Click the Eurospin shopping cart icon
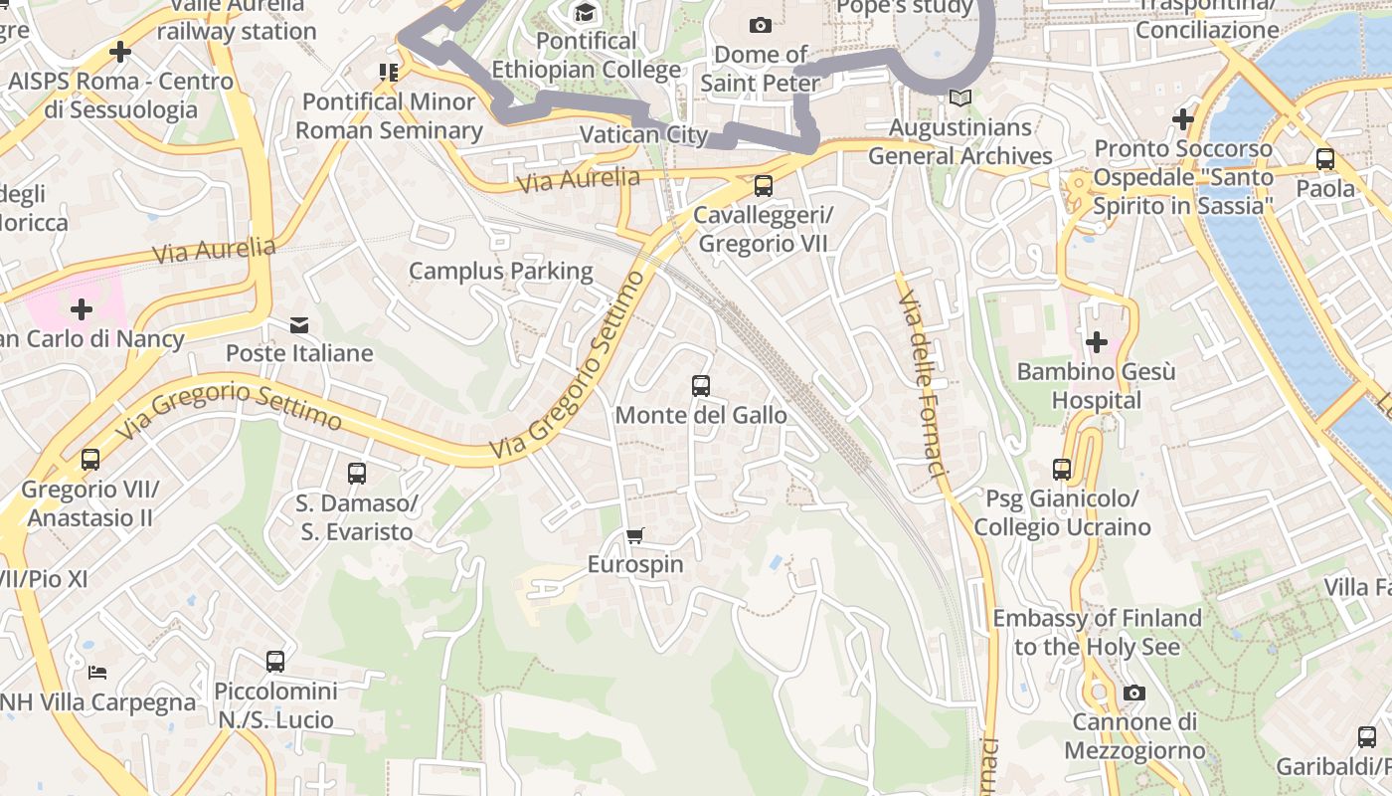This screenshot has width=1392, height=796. click(x=635, y=535)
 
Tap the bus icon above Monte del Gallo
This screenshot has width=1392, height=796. click(x=701, y=386)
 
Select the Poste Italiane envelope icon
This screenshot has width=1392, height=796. click(x=298, y=324)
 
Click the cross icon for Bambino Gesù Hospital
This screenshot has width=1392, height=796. click(x=1097, y=342)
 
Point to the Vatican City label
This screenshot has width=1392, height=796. click(x=643, y=134)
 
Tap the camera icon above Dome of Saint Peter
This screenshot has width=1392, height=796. click(x=761, y=25)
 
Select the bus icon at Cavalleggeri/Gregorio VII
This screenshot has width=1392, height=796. click(x=763, y=185)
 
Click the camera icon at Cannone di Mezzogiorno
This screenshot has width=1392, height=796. click(x=1133, y=693)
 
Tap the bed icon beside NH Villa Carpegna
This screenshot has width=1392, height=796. click(x=97, y=673)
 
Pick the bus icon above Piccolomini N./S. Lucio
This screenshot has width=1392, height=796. click(x=275, y=661)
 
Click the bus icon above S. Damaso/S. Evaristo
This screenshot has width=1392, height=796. click(x=357, y=474)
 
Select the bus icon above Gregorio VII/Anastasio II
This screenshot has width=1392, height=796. click(x=90, y=460)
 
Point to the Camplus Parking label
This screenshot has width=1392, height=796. click(x=500, y=271)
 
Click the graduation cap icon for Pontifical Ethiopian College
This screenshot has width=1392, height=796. click(x=585, y=12)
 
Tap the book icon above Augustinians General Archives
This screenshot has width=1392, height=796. click(x=959, y=98)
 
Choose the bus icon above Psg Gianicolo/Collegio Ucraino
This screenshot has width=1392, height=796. click(x=1062, y=469)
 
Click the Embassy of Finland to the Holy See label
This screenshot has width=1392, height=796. click(x=1097, y=632)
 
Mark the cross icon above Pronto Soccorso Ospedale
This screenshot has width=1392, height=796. click(x=1182, y=119)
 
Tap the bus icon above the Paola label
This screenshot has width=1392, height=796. click(x=1324, y=159)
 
